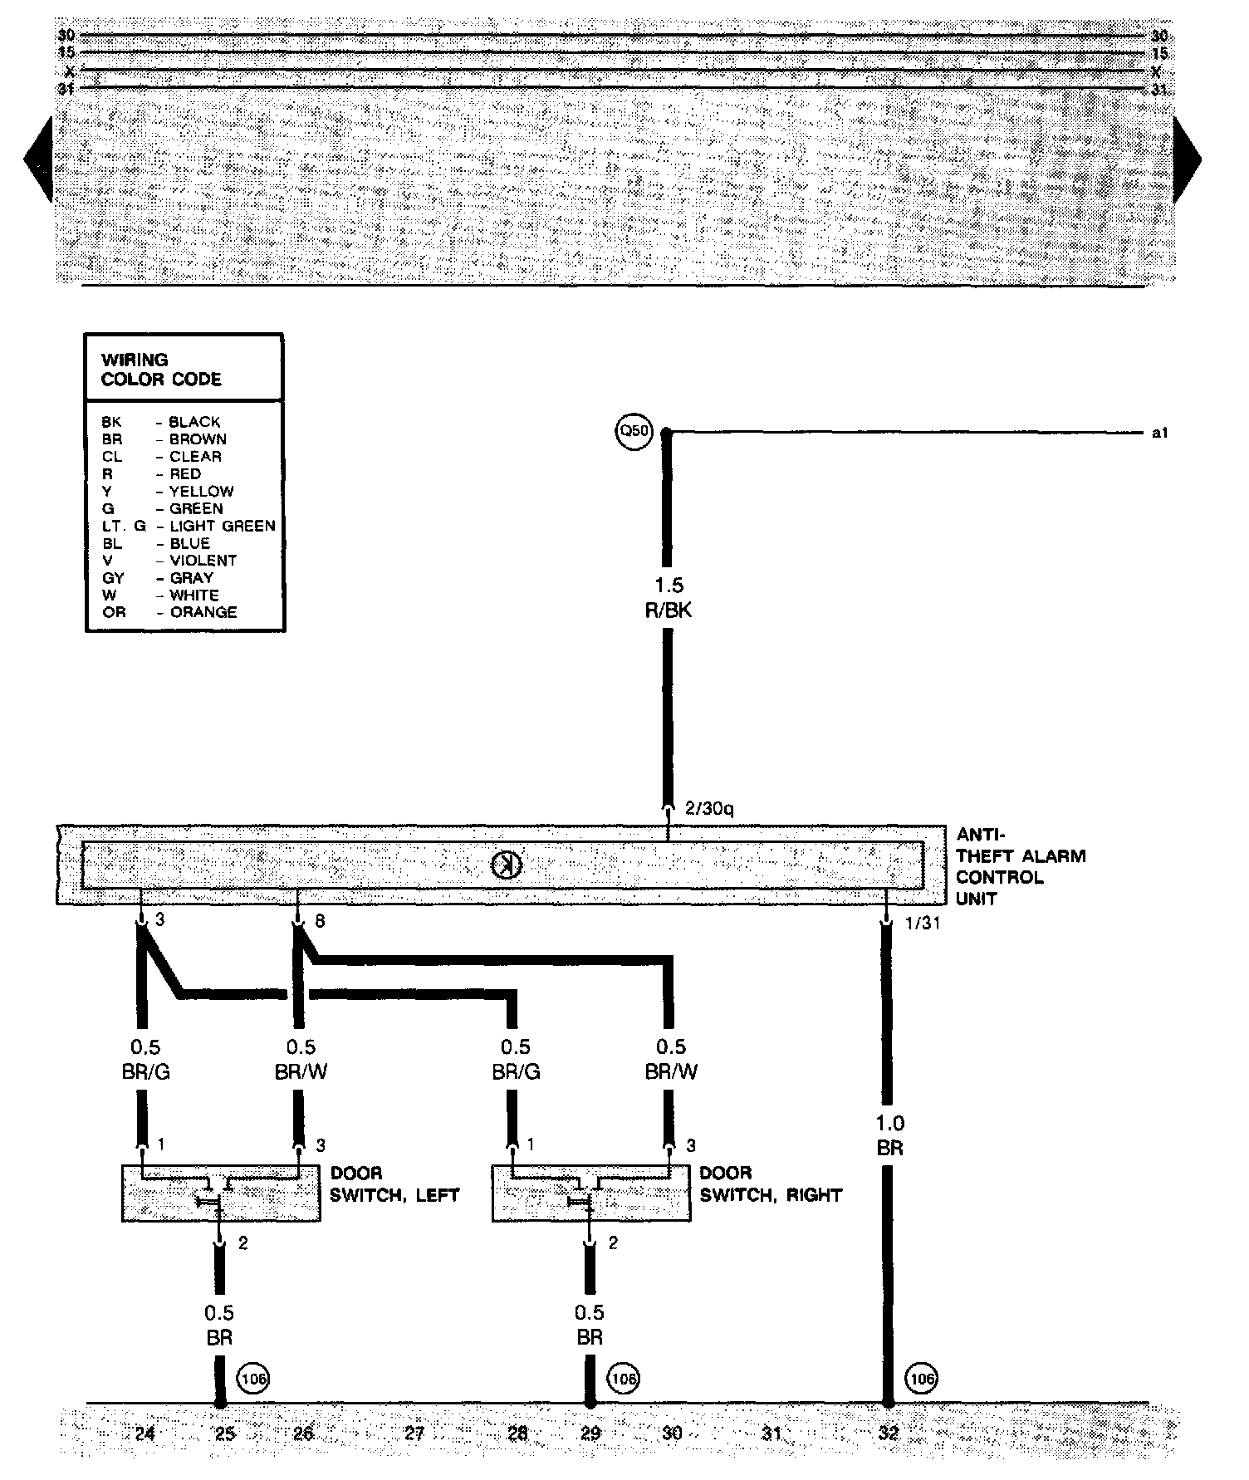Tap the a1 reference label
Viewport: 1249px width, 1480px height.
point(1160,433)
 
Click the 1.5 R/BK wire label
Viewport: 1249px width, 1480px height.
point(669,598)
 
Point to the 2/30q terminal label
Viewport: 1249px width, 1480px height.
point(709,809)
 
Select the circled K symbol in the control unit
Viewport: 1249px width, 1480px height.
point(505,866)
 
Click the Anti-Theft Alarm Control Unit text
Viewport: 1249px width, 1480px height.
point(1020,866)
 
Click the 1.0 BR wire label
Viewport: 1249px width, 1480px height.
point(889,1135)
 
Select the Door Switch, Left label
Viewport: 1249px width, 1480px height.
point(394,1184)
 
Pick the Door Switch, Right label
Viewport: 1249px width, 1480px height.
point(771,1184)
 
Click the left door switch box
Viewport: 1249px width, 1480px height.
point(221,1193)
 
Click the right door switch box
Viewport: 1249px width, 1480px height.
point(590,1193)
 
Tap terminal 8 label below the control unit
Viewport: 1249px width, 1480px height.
point(320,921)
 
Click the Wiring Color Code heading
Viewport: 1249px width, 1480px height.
point(161,370)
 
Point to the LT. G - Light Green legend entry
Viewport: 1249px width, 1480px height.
point(188,526)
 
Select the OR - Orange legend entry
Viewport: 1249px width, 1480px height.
point(169,612)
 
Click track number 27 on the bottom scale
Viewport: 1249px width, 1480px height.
point(414,1433)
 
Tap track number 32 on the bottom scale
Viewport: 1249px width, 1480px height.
point(889,1433)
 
